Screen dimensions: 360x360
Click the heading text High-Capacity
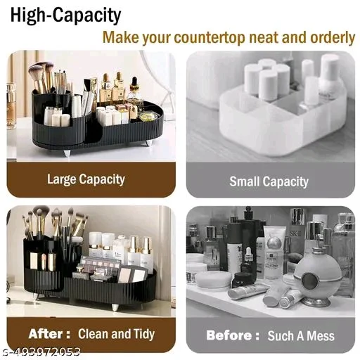[65, 15]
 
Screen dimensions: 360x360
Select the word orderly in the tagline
[333, 37]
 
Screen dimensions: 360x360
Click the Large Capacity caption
[86, 179]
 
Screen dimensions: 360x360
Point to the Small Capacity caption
[269, 181]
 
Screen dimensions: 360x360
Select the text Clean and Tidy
[116, 334]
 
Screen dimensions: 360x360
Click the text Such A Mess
[301, 335]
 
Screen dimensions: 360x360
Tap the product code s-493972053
[40, 352]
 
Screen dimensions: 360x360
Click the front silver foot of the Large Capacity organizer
[67, 153]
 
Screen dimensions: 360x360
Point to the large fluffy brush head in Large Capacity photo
[37, 70]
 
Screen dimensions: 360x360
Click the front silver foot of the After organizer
[115, 307]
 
